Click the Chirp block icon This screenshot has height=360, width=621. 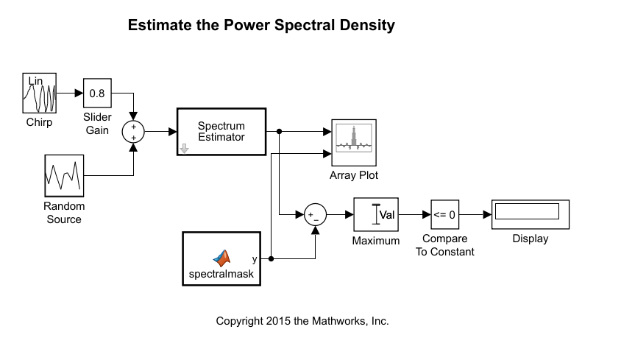[39, 93]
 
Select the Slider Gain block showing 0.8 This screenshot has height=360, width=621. [97, 93]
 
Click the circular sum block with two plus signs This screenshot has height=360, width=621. [133, 132]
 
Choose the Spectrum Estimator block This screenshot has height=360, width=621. [221, 132]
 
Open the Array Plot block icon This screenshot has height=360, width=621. [354, 144]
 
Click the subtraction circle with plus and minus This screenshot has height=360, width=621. [315, 215]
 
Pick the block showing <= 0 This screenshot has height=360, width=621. [444, 215]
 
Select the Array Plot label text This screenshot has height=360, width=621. [354, 175]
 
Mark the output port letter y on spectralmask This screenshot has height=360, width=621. [255, 258]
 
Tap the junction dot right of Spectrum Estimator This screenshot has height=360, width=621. [280, 132]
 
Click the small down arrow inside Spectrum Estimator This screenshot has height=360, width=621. [185, 148]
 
